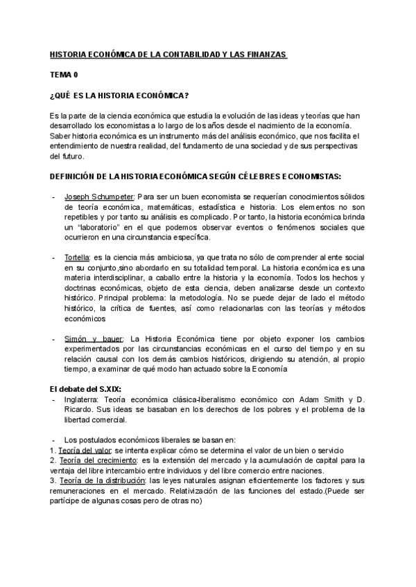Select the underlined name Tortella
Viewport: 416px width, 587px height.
78,257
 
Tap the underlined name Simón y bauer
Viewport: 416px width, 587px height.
94,338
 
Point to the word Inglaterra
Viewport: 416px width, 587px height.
82,399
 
